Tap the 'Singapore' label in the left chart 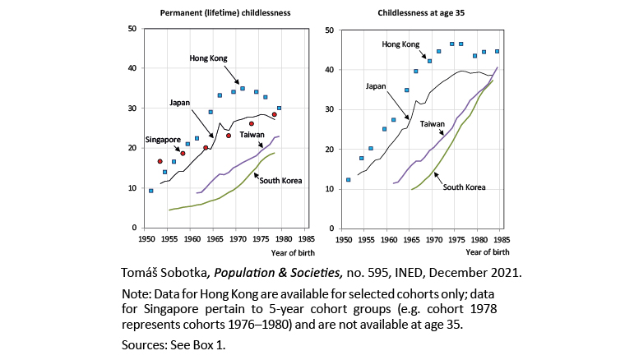164,139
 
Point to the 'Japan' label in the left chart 180,103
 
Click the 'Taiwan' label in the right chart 433,122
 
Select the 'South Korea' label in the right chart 465,187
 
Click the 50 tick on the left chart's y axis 132,29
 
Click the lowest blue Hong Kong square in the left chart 150,191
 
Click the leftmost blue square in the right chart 349,179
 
